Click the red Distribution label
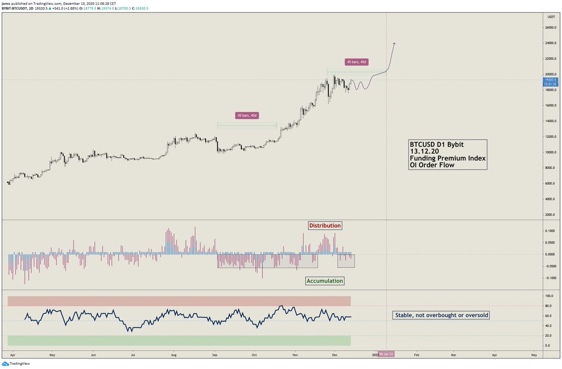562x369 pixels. pos(325,226)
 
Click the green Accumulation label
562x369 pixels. pos(325,281)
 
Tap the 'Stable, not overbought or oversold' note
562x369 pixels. pos(440,315)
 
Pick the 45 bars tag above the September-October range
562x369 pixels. pos(247,115)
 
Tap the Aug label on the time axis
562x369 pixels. pos(174,355)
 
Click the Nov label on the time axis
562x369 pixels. pos(296,355)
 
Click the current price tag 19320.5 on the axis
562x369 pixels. pos(549,80)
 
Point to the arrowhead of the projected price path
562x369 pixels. pos(394,44)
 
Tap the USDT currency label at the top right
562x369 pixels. pos(551,16)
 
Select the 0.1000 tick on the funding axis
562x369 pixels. pos(547,231)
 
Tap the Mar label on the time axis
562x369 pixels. pos(453,355)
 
